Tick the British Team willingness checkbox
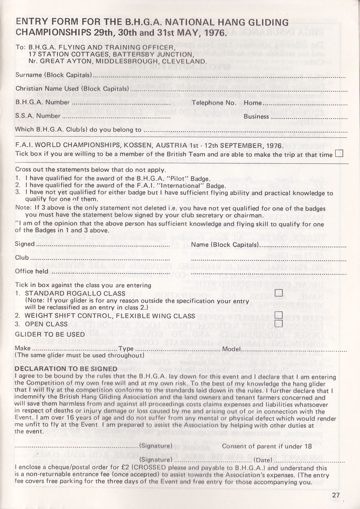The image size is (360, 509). pyautogui.click(x=339, y=154)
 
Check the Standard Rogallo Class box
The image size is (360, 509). pyautogui.click(x=279, y=294)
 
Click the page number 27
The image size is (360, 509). pyautogui.click(x=336, y=495)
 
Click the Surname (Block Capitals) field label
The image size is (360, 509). pyautogui.click(x=54, y=75)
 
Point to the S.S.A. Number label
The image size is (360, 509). pyautogui.click(x=38, y=116)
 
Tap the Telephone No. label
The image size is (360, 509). pyautogui.click(x=214, y=102)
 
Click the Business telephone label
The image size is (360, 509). pyautogui.click(x=256, y=116)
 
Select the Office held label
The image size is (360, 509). pyautogui.click(x=32, y=271)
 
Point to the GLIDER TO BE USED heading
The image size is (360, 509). pyautogui.click(x=50, y=334)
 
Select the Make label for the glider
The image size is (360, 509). pyautogui.click(x=23, y=348)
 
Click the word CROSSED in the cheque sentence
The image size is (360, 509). pyautogui.click(x=150, y=467)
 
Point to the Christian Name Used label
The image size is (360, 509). pyautogui.click(x=71, y=88)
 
